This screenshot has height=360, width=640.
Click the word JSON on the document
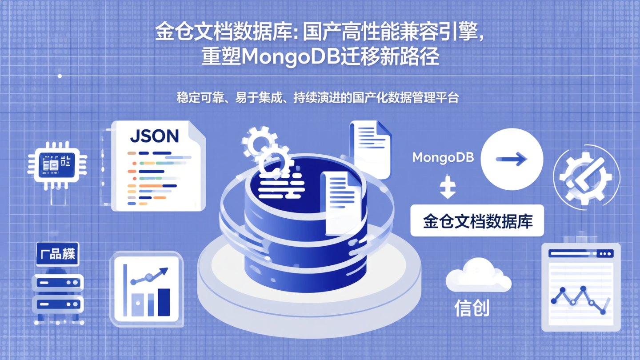(x=154, y=136)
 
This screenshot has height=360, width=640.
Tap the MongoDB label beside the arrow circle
(x=443, y=157)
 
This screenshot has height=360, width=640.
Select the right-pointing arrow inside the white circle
(x=512, y=159)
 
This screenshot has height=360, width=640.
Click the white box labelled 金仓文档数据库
(x=477, y=221)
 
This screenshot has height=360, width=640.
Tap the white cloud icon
(x=478, y=275)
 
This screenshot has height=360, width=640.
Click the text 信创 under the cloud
(x=472, y=308)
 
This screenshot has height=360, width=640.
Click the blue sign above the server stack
(x=57, y=254)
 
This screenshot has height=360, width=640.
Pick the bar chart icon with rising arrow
(x=146, y=288)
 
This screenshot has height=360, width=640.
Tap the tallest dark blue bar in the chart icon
(x=164, y=302)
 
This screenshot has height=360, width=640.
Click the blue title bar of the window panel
(x=580, y=253)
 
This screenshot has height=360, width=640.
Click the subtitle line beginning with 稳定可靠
(x=317, y=98)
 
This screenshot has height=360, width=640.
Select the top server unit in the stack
(x=58, y=282)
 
